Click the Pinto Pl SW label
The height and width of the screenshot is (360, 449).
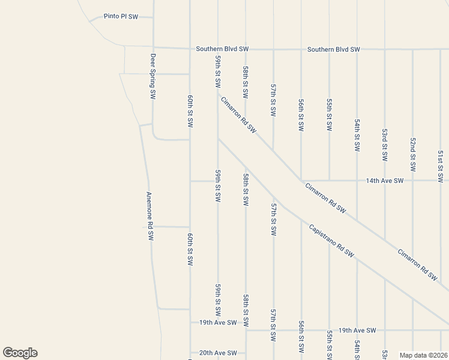point(121,17)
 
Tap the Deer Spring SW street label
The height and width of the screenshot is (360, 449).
point(153,76)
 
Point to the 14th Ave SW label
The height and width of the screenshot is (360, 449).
point(384,180)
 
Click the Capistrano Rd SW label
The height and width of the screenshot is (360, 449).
point(331,241)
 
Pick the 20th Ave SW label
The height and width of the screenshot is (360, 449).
point(218,353)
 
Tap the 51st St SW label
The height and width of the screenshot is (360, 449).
point(440,166)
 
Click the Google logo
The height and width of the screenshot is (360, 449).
point(20,353)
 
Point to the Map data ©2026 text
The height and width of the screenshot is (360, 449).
point(423,355)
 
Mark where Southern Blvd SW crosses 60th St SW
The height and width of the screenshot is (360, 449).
point(190,48)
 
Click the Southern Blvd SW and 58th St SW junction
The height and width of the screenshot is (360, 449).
point(246,49)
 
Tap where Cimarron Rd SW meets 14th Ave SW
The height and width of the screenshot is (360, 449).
point(301,180)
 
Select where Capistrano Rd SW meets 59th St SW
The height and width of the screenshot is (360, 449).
point(218,139)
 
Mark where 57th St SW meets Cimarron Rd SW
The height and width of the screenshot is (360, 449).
point(273,150)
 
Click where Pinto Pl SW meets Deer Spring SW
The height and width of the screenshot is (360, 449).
point(153,17)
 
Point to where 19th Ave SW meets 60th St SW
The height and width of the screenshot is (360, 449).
point(190,323)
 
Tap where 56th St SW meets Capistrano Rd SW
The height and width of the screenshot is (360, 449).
point(301,219)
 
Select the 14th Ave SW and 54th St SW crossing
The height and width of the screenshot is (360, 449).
point(357,180)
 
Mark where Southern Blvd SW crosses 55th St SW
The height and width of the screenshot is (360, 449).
point(329,49)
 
